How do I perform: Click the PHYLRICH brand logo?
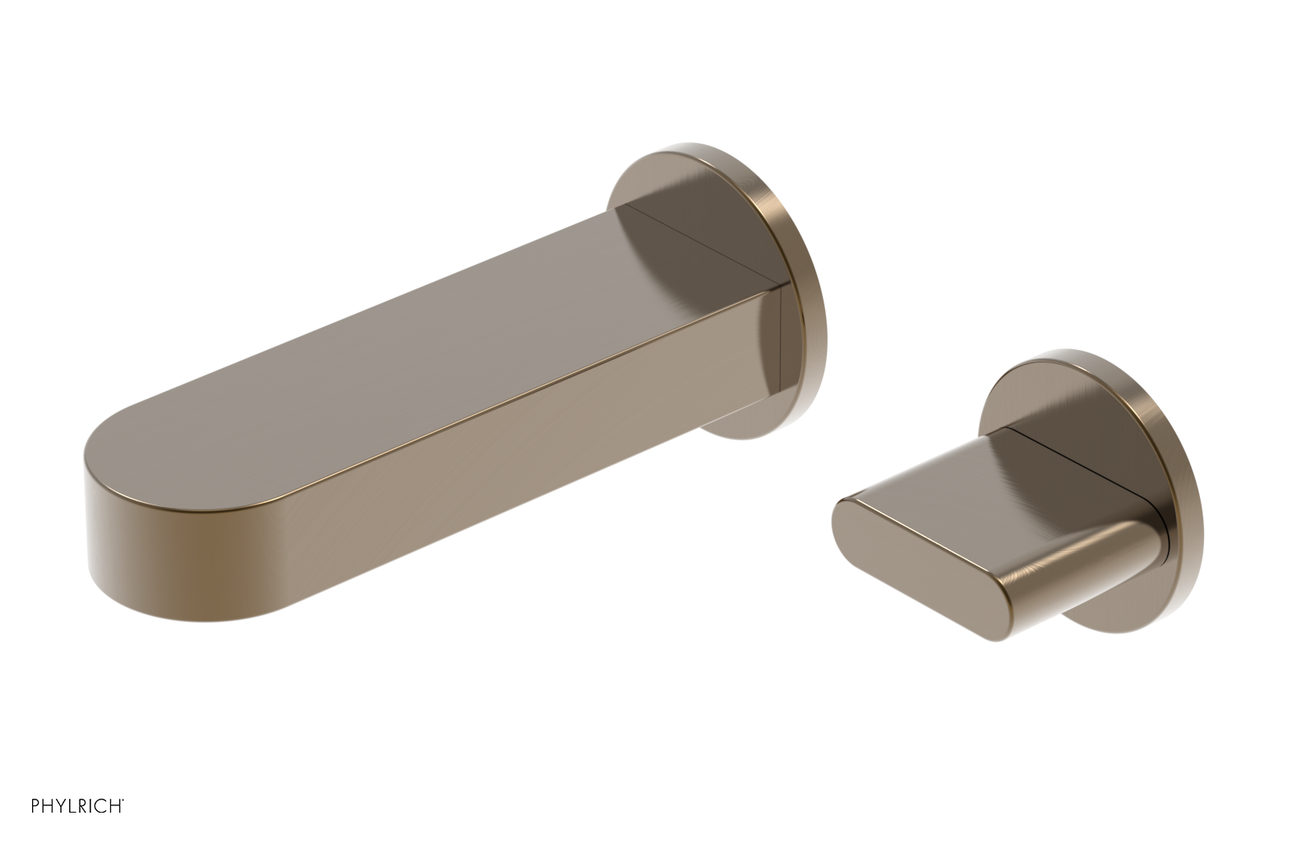(77, 806)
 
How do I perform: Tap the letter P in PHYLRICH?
(36, 806)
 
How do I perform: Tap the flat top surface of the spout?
(411, 329)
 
